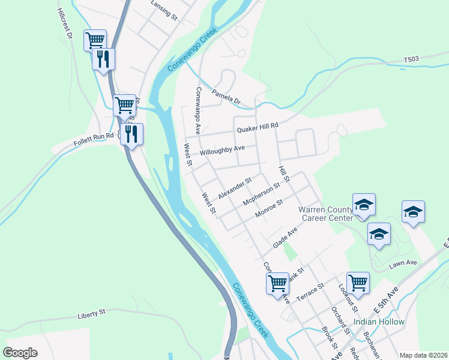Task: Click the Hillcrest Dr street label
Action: click(65, 24)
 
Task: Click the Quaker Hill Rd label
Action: click(258, 127)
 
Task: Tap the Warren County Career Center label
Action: click(326, 214)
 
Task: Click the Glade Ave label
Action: click(285, 238)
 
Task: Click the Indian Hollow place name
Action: click(379, 322)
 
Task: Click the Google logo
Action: click(20, 353)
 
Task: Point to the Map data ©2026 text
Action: click(423, 355)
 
